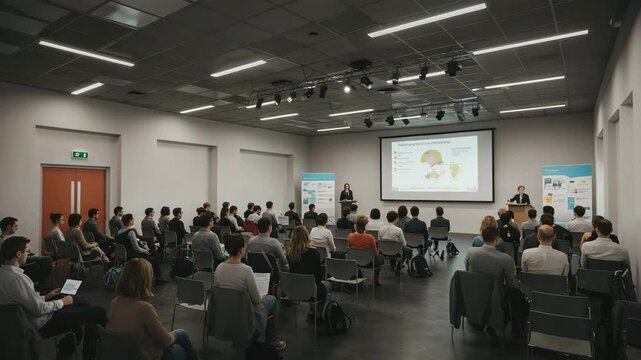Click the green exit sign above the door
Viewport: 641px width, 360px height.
click(80, 155)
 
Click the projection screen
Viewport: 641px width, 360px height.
click(436, 165)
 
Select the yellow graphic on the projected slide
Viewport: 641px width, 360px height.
click(432, 158)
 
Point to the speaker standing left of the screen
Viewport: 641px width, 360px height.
click(347, 198)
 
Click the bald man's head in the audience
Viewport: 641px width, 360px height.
click(545, 235)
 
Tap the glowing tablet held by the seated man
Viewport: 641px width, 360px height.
click(71, 286)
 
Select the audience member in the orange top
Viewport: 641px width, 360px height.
click(362, 240)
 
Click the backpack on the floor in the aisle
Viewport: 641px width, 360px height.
click(336, 317)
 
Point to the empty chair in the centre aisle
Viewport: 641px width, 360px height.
click(345, 275)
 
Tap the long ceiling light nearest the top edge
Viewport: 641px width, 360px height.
click(427, 20)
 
